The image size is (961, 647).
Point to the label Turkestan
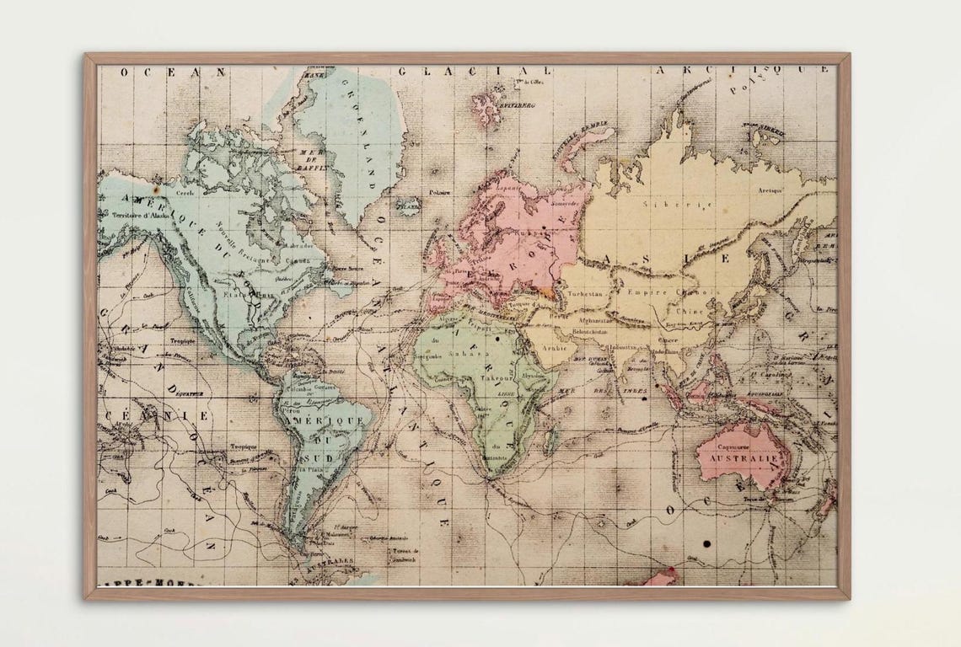click(x=586, y=294)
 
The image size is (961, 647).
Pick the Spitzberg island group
click(x=489, y=107)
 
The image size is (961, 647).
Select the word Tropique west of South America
click(x=244, y=446)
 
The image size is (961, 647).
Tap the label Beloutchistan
click(x=598, y=331)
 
